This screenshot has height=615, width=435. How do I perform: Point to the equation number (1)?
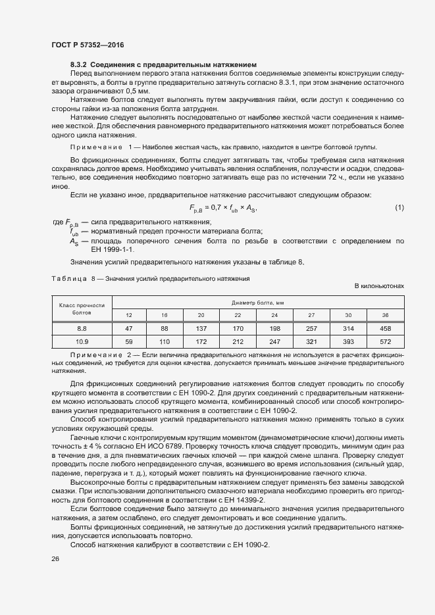tap(399, 209)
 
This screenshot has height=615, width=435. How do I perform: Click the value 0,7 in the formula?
tap(215, 209)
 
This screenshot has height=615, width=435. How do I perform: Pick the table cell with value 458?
tap(386, 328)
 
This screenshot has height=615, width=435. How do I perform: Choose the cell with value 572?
tap(386, 342)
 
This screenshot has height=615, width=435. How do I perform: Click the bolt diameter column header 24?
tap(274, 314)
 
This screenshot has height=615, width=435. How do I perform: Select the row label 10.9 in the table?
tap(82, 342)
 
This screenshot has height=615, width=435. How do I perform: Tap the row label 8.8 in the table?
tap(82, 328)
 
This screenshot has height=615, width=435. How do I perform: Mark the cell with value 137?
tap(201, 328)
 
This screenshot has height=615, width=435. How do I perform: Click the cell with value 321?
tap(311, 342)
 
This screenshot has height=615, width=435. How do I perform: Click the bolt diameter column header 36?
tap(386, 314)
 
